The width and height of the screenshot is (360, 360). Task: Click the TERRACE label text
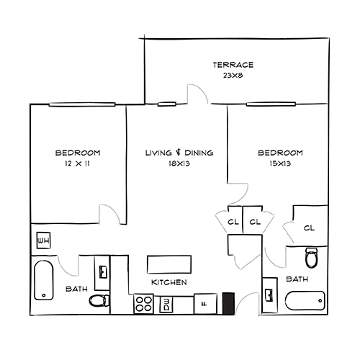[x=233, y=66]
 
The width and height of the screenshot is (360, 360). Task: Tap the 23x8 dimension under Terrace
[x=233, y=75]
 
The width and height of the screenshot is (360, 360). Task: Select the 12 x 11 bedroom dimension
[x=77, y=164]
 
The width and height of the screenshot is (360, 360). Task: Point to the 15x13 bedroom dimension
[x=280, y=164]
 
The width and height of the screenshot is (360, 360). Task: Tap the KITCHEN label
[x=169, y=282]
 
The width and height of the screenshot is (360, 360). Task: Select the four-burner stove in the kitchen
[x=143, y=304]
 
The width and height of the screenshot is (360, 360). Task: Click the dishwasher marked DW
[x=166, y=304]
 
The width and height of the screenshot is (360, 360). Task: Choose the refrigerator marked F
[x=204, y=304]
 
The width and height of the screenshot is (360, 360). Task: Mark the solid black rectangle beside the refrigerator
[x=229, y=303]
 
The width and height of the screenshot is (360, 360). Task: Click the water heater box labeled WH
[x=42, y=240]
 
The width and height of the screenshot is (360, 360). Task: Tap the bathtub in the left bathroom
[x=44, y=282]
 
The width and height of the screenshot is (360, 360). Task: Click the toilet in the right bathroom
[x=312, y=258]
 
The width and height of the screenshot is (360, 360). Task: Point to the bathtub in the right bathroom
[x=305, y=301]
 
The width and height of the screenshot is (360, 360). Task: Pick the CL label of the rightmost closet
[x=309, y=228]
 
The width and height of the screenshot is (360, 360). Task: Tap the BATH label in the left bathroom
[x=76, y=289]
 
